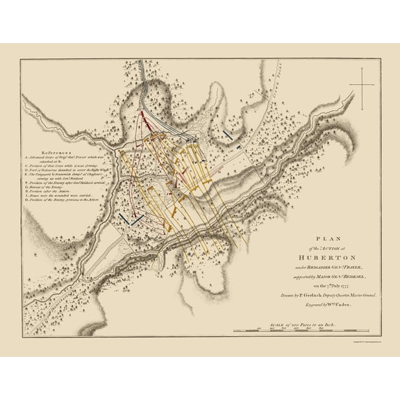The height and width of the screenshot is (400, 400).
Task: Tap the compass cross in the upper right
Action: (x=361, y=85)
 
